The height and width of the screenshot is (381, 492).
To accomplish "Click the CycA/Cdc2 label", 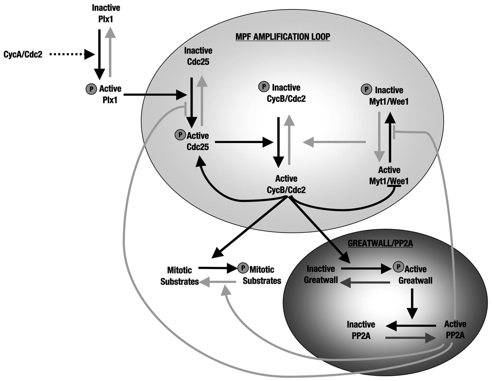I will point(23,54).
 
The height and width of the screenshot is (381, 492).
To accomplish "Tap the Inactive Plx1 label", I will point(106,13).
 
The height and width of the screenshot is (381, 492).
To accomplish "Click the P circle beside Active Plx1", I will point(91,89).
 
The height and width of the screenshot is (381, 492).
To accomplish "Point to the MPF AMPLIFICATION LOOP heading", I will point(283,37).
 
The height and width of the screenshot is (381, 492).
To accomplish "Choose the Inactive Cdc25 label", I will point(198,56).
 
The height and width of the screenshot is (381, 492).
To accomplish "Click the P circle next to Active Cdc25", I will point(180,135).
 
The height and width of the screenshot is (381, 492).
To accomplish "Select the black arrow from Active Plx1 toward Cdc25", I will point(154,95).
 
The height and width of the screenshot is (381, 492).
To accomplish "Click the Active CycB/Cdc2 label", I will point(286,184).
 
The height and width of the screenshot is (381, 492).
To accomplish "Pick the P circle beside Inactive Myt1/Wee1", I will point(366,89).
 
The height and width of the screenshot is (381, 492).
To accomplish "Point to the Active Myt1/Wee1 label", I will point(389,176).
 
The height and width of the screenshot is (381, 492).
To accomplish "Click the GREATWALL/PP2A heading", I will point(380,243).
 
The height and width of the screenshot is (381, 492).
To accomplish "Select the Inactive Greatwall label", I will point(321,274).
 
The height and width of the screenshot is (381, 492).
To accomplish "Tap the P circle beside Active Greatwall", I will point(398,267).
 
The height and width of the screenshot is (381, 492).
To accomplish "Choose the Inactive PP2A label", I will point(361,330).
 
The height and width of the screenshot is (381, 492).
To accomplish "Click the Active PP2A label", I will point(455,330).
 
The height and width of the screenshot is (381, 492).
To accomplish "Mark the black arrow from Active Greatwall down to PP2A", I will point(412,304).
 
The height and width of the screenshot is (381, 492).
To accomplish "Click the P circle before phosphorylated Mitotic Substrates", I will point(243,268).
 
